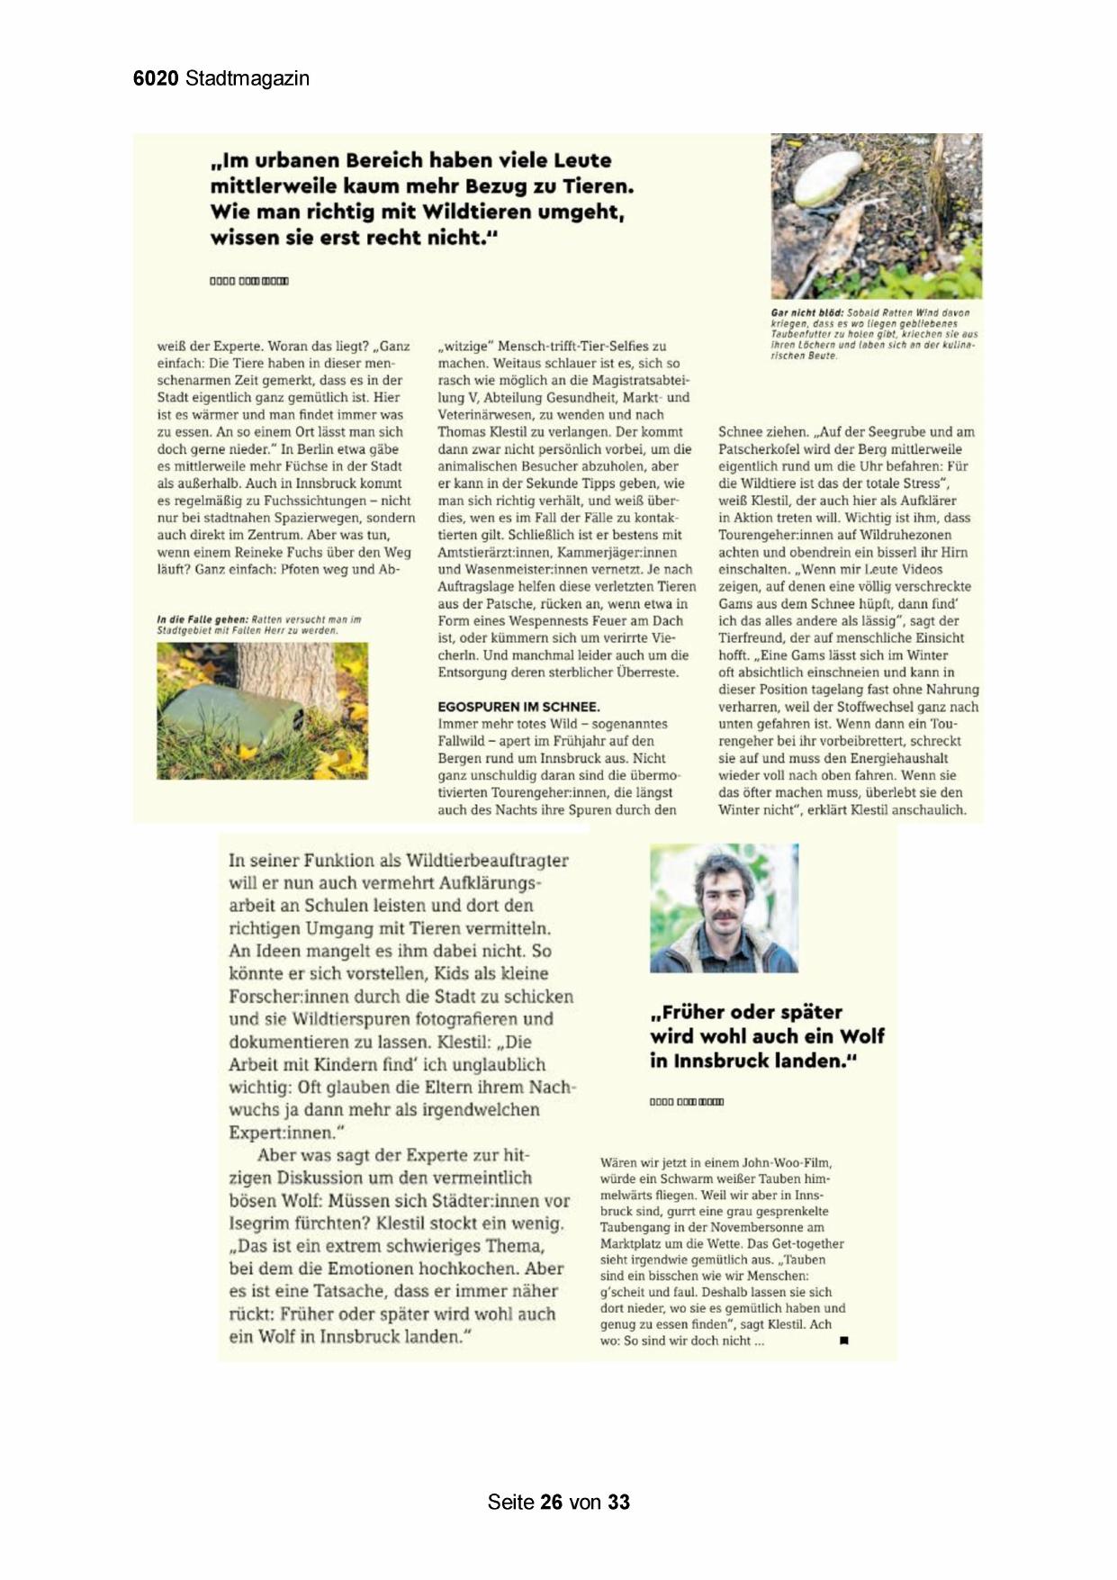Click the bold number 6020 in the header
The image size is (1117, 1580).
(157, 78)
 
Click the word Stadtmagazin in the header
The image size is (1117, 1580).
(248, 78)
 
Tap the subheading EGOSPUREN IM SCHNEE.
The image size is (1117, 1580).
(518, 707)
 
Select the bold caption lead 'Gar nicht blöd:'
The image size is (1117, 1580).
(807, 313)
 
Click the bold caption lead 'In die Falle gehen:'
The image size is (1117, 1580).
(203, 619)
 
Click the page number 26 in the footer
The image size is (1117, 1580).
(552, 1502)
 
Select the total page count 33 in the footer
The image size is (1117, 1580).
(618, 1502)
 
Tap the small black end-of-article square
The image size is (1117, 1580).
(844, 1341)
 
